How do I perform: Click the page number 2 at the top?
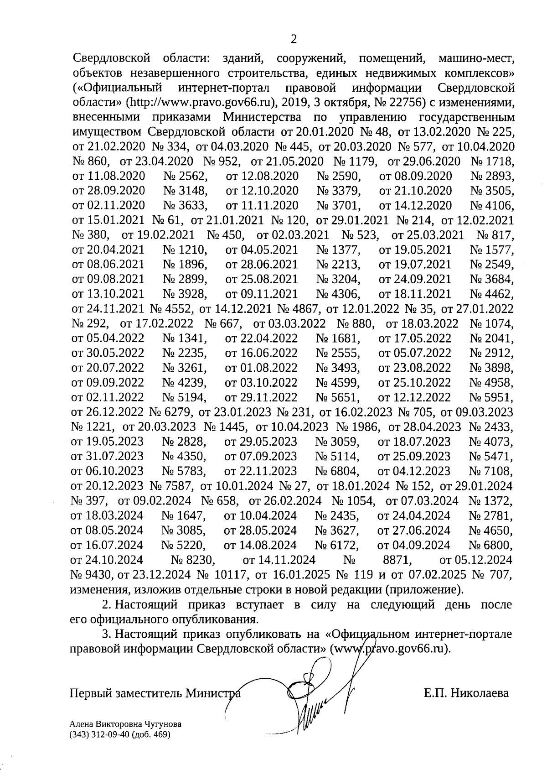(294, 39)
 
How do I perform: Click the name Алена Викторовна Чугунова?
(125, 724)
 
